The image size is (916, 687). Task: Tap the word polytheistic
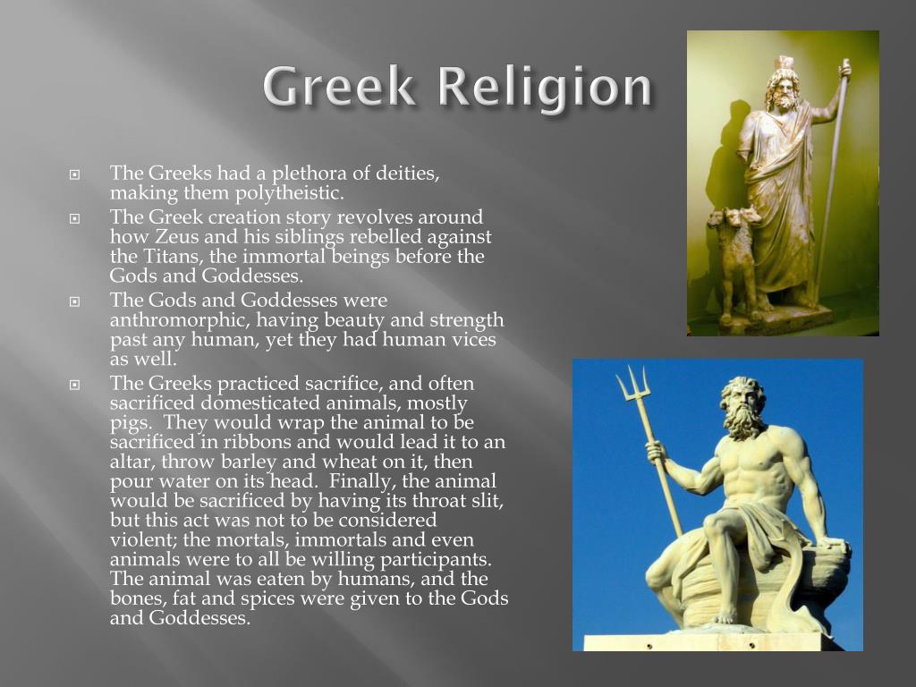(x=290, y=193)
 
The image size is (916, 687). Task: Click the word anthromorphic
(x=179, y=321)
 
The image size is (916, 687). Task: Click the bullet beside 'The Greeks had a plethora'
(x=75, y=174)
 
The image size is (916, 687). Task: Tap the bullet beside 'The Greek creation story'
(x=75, y=218)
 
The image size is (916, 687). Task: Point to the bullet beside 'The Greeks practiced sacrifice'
(x=75, y=385)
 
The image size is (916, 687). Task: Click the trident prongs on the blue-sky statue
(x=632, y=384)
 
